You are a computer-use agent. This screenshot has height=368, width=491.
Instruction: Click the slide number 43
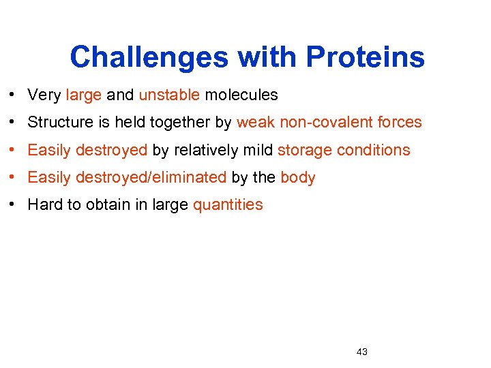(361, 352)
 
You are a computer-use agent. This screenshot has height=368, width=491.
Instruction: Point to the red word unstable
(169, 95)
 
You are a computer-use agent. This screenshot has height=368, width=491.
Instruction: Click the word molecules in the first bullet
(241, 95)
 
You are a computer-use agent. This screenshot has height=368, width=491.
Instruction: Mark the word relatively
(205, 150)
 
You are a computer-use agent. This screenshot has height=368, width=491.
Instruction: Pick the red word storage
(303, 151)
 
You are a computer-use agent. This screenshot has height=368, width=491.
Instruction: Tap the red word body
(298, 178)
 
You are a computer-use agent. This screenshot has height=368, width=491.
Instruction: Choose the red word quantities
(228, 205)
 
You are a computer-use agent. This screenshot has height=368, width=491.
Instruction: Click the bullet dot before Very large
(14, 95)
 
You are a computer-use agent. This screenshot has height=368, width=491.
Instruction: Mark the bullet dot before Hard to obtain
(14, 205)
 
